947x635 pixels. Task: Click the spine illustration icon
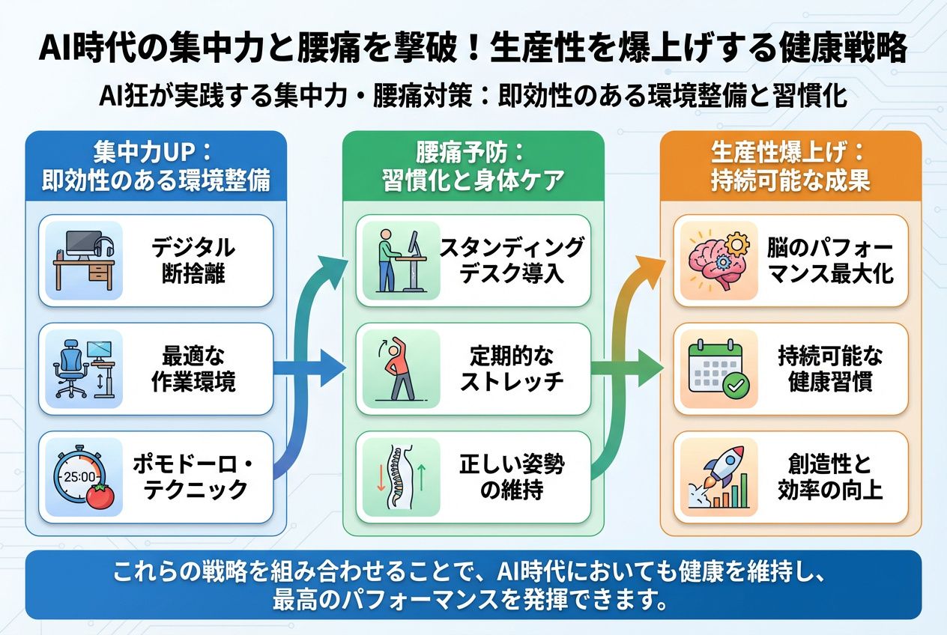point(401,478)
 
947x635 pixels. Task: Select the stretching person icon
point(397,368)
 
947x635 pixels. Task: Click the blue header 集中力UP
point(156,165)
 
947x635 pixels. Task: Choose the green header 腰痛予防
point(473,165)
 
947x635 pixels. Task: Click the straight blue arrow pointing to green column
point(309,368)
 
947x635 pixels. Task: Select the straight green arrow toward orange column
point(627,368)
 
